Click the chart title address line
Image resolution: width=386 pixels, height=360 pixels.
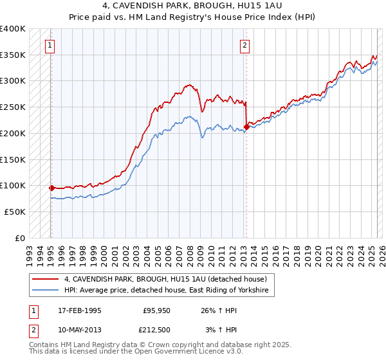[x=192, y=7]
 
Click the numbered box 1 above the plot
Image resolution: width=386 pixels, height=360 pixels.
[x=50, y=45]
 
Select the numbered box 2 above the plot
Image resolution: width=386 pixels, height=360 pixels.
[x=245, y=45]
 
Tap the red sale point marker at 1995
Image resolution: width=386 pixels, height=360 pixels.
[x=51, y=188]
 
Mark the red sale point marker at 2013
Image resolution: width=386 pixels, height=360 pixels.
[x=246, y=127]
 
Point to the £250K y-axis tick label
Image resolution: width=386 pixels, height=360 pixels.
[x=13, y=107]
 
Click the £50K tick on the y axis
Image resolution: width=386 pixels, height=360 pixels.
[x=15, y=212]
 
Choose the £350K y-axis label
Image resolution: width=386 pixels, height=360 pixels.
[x=13, y=55]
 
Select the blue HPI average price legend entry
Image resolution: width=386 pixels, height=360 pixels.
[x=169, y=291]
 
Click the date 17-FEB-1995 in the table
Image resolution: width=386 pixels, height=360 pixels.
[x=80, y=310]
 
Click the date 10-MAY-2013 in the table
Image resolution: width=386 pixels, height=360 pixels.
[x=80, y=330]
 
